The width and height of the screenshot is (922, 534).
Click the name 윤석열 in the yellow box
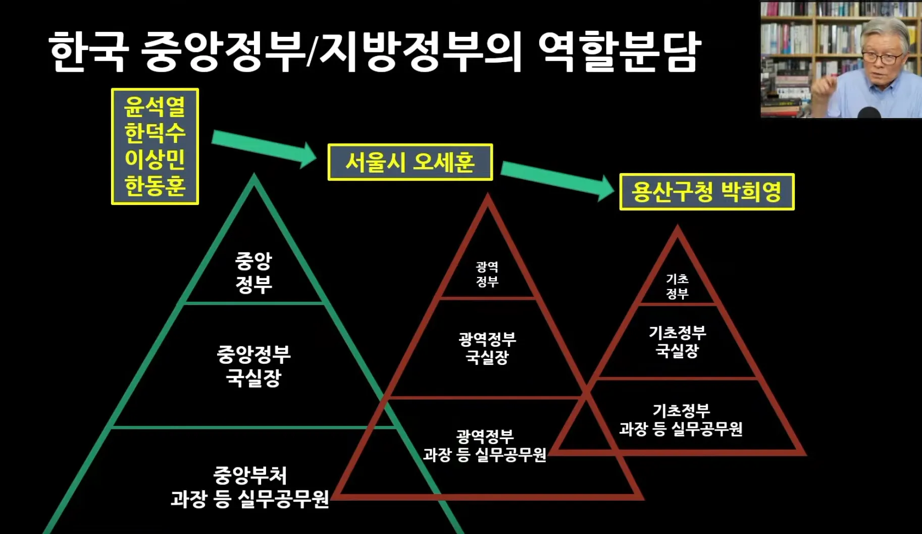155,106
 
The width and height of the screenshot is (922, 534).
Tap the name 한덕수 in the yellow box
155,133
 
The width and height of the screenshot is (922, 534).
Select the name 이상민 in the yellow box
155,159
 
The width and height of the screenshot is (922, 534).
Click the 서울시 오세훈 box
409,162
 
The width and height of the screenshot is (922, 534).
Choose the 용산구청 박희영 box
706,192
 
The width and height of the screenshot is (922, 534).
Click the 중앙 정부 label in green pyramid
253,273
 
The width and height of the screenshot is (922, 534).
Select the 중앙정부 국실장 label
253,365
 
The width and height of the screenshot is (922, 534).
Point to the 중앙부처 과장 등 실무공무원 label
249,487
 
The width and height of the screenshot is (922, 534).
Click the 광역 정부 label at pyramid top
487,274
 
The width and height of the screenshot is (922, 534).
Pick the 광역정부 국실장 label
487,348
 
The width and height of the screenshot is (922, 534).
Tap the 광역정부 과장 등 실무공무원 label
485,446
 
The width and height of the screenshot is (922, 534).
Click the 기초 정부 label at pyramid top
677,286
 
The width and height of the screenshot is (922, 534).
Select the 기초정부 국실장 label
677,342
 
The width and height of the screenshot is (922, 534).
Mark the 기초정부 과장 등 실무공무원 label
681,420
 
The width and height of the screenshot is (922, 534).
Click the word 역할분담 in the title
619,51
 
